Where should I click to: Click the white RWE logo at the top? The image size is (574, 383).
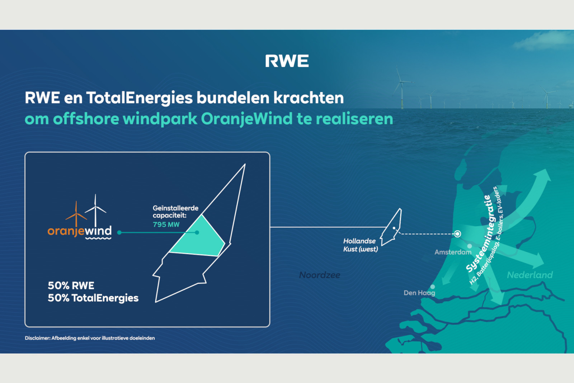pyautogui.click(x=287, y=61)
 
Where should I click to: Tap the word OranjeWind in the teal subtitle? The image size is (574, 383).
pyautogui.click(x=246, y=119)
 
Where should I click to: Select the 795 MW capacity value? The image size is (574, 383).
pyautogui.click(x=166, y=225)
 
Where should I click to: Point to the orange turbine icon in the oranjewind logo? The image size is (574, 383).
pyautogui.click(x=76, y=214)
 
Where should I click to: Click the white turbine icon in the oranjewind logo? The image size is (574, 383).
pyautogui.click(x=95, y=210)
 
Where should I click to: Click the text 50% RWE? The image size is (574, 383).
pyautogui.click(x=71, y=285)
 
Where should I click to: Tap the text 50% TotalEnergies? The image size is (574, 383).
pyautogui.click(x=93, y=298)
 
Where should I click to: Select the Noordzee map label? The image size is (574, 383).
pyautogui.click(x=320, y=275)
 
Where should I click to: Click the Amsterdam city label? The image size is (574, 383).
pyautogui.click(x=453, y=252)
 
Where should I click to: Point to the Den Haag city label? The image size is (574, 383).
pyautogui.click(x=419, y=293)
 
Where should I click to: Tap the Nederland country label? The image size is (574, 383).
pyautogui.click(x=530, y=275)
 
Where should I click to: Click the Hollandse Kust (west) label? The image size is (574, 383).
pyautogui.click(x=361, y=245)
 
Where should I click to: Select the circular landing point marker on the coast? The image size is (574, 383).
pyautogui.click(x=457, y=234)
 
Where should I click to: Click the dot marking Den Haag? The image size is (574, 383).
pyautogui.click(x=433, y=286)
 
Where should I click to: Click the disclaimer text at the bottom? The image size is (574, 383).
pyautogui.click(x=90, y=338)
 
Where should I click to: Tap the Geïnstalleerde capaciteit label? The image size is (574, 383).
pyautogui.click(x=175, y=212)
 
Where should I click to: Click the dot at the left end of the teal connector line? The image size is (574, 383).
pyautogui.click(x=119, y=232)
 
